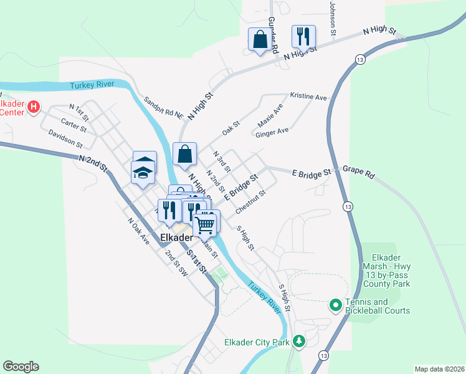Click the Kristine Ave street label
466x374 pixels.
308,97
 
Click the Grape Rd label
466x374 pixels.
359,172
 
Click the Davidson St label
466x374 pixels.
65,138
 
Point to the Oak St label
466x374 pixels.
231,129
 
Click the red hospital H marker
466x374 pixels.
34,107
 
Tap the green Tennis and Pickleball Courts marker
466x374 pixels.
335,305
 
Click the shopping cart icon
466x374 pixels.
206,223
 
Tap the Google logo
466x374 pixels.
21,367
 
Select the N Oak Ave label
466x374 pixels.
139,231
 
